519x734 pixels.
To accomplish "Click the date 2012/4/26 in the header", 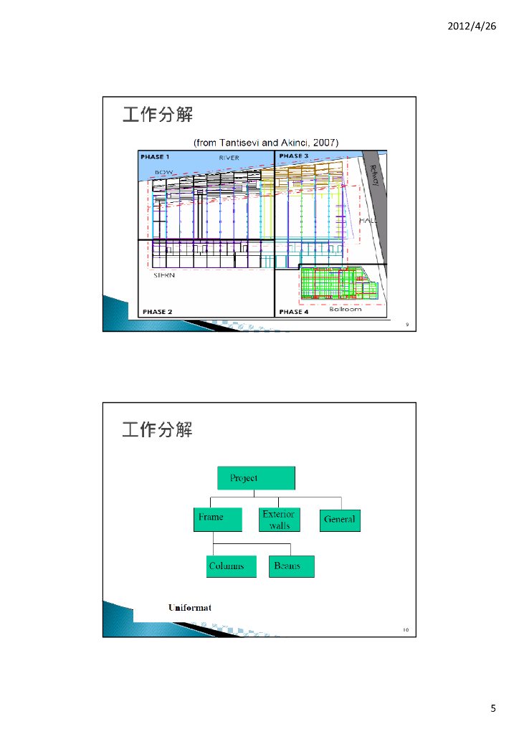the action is click(472, 26).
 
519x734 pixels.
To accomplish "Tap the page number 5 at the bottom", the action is click(493, 709).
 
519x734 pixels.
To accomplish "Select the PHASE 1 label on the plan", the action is click(155, 156).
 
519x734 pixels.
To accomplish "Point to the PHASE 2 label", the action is click(157, 312).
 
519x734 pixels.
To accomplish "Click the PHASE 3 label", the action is click(294, 156).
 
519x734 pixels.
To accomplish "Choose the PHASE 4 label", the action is click(294, 312).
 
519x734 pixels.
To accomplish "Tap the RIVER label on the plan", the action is click(229, 157).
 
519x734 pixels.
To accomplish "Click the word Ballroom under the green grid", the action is click(346, 309).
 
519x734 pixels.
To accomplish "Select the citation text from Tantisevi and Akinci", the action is click(266, 142).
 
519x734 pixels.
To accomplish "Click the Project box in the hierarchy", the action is click(256, 478).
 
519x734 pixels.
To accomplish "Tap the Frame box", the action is click(215, 519).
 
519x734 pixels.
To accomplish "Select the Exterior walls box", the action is click(279, 520).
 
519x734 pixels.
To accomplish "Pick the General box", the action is click(340, 520).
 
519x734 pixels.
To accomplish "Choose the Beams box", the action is click(291, 566).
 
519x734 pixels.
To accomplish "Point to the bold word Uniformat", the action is click(190, 608).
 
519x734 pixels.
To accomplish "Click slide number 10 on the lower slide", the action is click(406, 630).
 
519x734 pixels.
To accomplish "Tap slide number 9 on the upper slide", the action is click(407, 325).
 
